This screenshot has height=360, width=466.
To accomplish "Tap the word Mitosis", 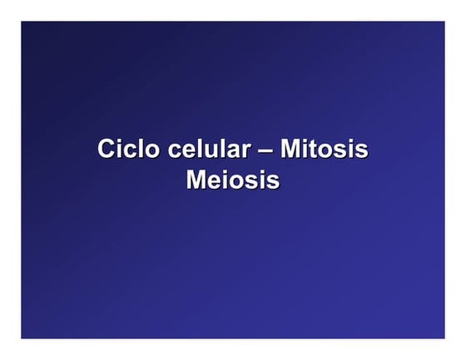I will (324, 150).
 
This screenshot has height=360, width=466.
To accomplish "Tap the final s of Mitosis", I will (362, 152).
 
